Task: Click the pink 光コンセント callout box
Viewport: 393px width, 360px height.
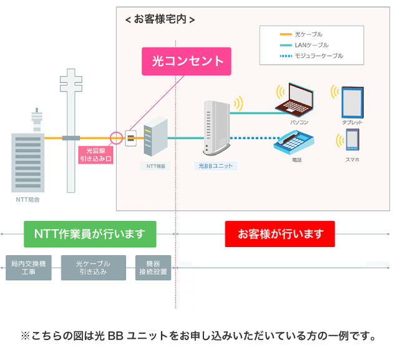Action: [x=187, y=61]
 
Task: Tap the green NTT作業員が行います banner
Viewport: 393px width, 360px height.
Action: [x=90, y=234]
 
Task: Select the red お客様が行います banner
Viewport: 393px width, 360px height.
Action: [x=280, y=234]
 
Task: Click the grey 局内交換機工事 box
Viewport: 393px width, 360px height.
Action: [x=29, y=268]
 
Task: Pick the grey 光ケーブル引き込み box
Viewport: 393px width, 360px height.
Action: [x=93, y=268]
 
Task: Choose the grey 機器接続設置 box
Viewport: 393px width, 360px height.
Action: [x=153, y=268]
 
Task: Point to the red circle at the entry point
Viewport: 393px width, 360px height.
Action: [x=115, y=138]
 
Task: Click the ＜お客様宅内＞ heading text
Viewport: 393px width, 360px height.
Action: [x=160, y=19]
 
